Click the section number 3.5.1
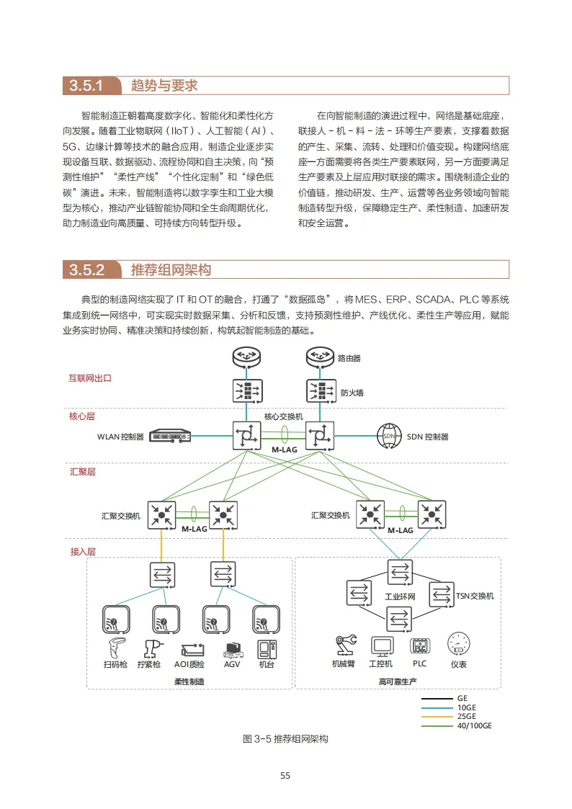coord(86,86)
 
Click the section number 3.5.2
coord(86,270)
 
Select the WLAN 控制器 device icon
coord(170,437)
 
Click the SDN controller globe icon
coord(389,437)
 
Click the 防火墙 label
coord(352,393)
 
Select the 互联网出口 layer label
coord(90,377)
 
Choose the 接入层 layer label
coord(83,552)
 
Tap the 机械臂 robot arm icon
coord(344,644)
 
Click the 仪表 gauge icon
coord(458,643)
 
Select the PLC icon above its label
coord(419,645)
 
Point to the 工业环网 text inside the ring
coord(401,597)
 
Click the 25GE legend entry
coord(466,716)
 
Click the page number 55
coord(285,775)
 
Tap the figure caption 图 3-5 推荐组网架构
coord(285,740)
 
